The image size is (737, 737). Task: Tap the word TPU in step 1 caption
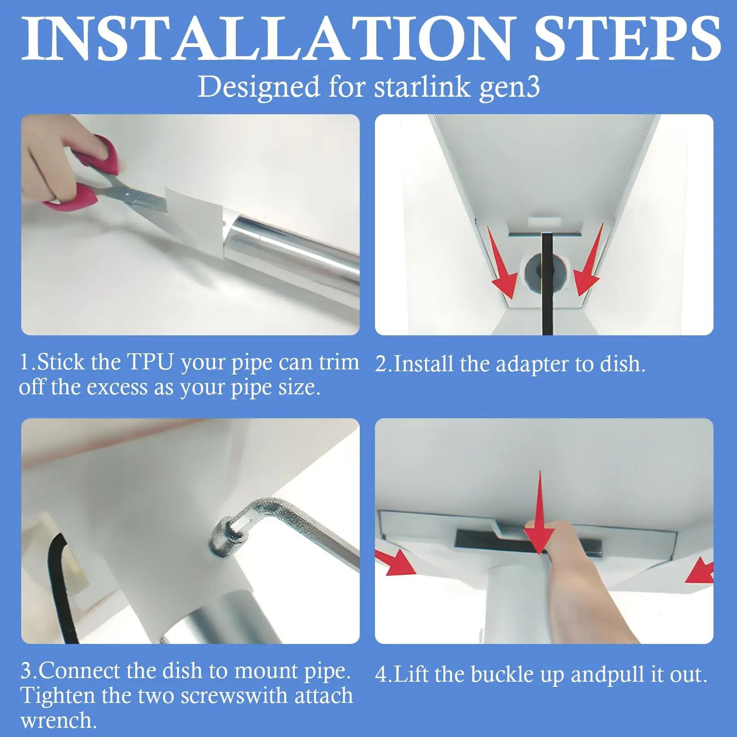pyautogui.click(x=150, y=362)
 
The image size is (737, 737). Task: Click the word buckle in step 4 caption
pyautogui.click(x=502, y=674)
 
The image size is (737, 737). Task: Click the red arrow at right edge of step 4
pyautogui.click(x=700, y=570)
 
